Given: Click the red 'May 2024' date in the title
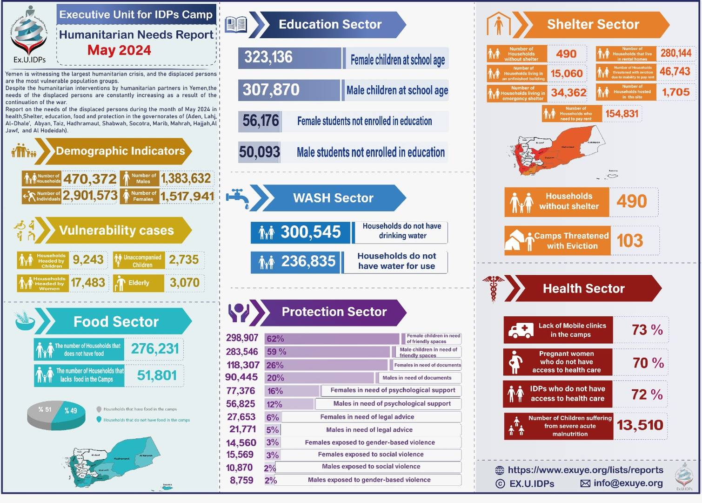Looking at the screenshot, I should tap(119, 50).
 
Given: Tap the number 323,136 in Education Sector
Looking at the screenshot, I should tap(268, 57).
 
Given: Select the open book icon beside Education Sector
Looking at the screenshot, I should tap(236, 25).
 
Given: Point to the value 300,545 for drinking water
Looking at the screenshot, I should tap(310, 232).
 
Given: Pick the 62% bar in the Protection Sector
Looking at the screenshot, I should tap(331, 339).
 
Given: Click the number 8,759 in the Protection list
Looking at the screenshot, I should tap(241, 480).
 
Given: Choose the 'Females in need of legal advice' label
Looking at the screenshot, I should tap(367, 417).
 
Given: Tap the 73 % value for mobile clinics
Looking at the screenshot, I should tap(647, 330).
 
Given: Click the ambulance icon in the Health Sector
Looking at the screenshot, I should tap(521, 330).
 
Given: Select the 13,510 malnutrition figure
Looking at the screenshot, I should tap(640, 425).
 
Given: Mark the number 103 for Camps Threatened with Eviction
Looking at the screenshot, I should tap(629, 241).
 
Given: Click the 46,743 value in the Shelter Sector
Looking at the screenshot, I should tap(675, 71).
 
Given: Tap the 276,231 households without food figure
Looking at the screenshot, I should tap(154, 349).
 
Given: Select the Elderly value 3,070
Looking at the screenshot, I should tap(184, 283).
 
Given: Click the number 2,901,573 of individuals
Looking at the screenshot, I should tap(90, 196).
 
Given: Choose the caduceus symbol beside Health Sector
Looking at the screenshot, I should tap(493, 288).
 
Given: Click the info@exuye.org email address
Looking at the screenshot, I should tap(628, 483).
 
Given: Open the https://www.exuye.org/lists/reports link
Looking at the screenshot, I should tap(585, 470).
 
